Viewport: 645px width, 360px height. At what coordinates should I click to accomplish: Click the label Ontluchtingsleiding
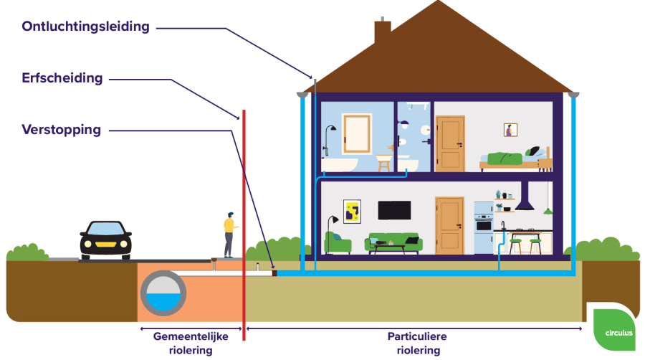[x=85, y=27]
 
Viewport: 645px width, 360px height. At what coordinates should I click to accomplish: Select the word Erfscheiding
[x=62, y=78]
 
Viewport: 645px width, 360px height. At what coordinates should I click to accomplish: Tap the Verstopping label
[x=62, y=130]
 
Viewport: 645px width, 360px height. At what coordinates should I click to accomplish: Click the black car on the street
[x=106, y=240]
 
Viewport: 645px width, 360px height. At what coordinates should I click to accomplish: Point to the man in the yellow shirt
[x=229, y=235]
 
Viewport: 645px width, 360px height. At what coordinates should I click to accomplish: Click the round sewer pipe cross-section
[x=163, y=293]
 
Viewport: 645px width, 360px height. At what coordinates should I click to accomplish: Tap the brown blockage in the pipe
[x=274, y=273]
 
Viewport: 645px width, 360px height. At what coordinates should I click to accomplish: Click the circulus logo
[x=615, y=330]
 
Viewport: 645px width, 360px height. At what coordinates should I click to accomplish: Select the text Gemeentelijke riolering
[x=191, y=343]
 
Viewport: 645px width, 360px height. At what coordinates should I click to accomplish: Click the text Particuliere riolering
[x=418, y=343]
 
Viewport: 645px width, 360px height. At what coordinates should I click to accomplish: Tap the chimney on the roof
[x=382, y=31]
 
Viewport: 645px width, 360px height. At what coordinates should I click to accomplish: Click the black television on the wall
[x=394, y=210]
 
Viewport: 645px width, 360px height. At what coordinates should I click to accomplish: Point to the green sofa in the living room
[x=393, y=242]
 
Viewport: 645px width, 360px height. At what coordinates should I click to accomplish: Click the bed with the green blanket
[x=516, y=160]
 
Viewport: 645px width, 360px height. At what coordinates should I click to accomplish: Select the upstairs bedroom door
[x=450, y=143]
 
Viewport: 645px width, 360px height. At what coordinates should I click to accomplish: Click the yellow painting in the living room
[x=352, y=212]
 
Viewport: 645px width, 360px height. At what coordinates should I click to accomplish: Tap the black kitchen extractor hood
[x=525, y=196]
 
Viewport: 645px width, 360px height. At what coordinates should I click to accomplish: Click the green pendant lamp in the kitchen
[x=548, y=212]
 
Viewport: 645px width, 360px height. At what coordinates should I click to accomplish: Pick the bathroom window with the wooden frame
[x=357, y=133]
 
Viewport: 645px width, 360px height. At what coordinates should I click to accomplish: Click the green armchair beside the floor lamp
[x=338, y=242]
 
